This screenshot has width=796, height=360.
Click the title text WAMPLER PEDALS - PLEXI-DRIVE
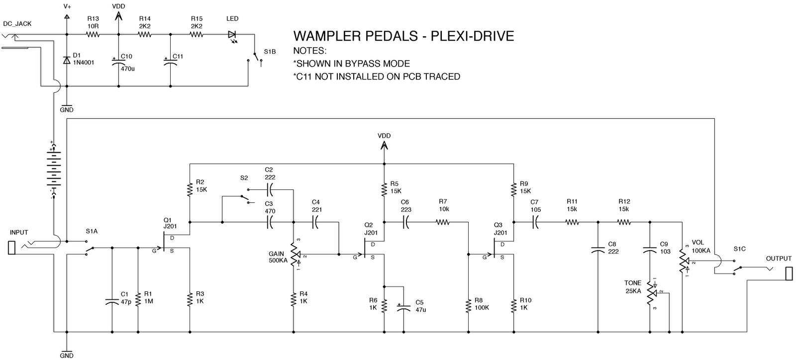tap(403, 36)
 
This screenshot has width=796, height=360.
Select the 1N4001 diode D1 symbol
tap(67, 60)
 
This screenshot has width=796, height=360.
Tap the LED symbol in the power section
tap(232, 35)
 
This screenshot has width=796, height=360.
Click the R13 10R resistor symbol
tap(93, 35)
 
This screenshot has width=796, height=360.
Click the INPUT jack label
tap(19, 232)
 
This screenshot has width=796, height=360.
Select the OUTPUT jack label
tap(779, 259)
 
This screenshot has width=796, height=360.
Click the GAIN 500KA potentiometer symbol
tap(294, 256)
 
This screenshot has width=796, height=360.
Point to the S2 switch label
tap(244, 178)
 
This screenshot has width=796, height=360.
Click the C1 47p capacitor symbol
tap(111, 301)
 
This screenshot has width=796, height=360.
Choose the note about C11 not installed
tap(377, 77)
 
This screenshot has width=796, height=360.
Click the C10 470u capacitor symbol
tap(118, 62)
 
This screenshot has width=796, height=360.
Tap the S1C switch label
tap(739, 249)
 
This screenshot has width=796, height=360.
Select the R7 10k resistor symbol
tap(443, 223)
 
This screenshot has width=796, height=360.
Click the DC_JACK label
tap(17, 24)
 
